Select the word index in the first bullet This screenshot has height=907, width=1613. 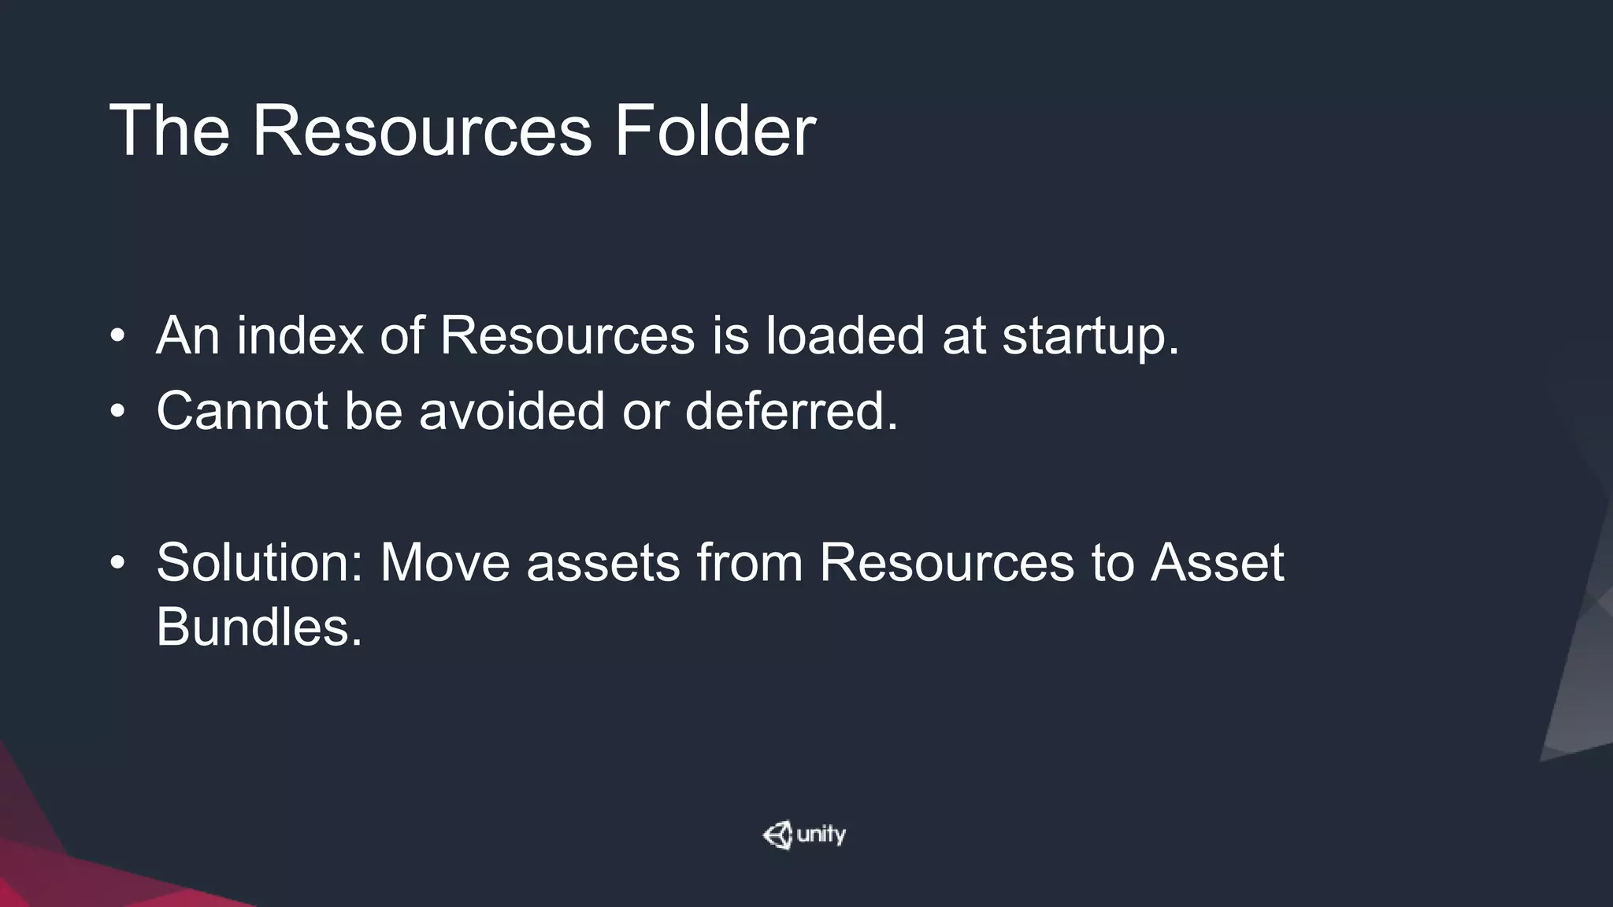pos(300,335)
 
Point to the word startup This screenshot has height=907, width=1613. pos(1091,337)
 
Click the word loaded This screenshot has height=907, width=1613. pos(845,335)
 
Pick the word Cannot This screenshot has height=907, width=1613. pos(242,411)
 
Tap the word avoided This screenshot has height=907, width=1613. pos(512,411)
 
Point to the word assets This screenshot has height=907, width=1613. pos(603,564)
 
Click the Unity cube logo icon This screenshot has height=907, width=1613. pos(778,835)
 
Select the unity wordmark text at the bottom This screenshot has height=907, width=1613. pos(821,834)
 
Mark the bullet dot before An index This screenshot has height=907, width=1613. pos(118,337)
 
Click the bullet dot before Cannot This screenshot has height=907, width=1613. pos(118,412)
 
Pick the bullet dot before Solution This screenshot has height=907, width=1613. pos(118,563)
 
